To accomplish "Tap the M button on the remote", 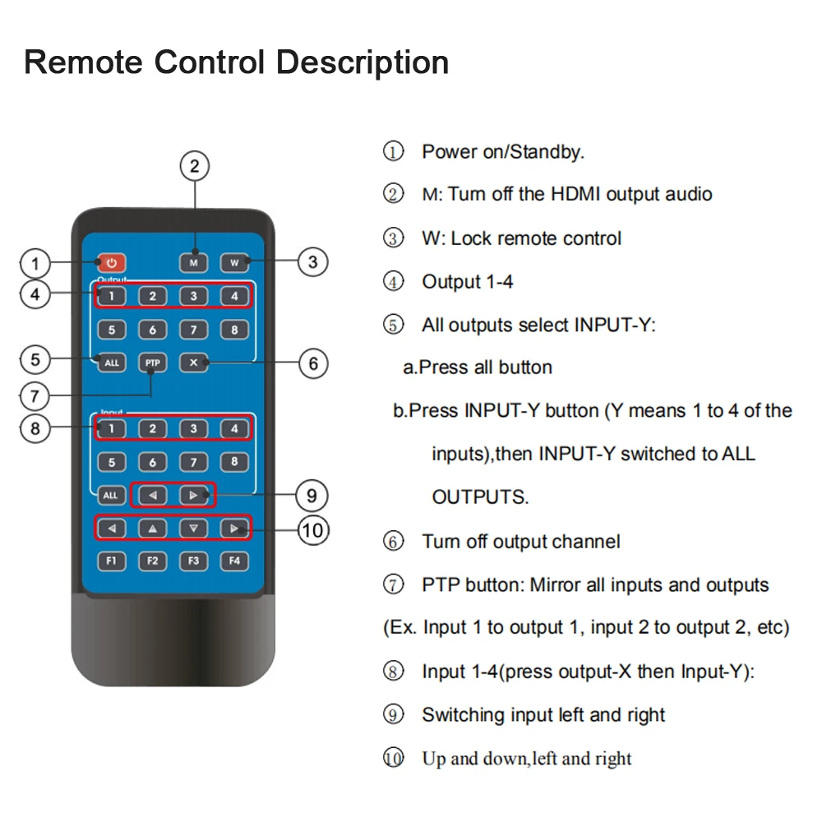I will (194, 263).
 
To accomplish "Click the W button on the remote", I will (234, 263).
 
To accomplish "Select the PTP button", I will (152, 363).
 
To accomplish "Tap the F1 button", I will (111, 561).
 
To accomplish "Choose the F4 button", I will (234, 561).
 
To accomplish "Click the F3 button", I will (193, 561).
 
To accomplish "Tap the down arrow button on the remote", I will (193, 529).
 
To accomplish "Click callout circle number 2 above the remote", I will (195, 166).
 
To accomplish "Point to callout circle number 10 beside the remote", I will (312, 530).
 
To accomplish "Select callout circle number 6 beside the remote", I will (312, 363).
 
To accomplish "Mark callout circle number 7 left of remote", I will (35, 396).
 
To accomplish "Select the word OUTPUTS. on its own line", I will (480, 497).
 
